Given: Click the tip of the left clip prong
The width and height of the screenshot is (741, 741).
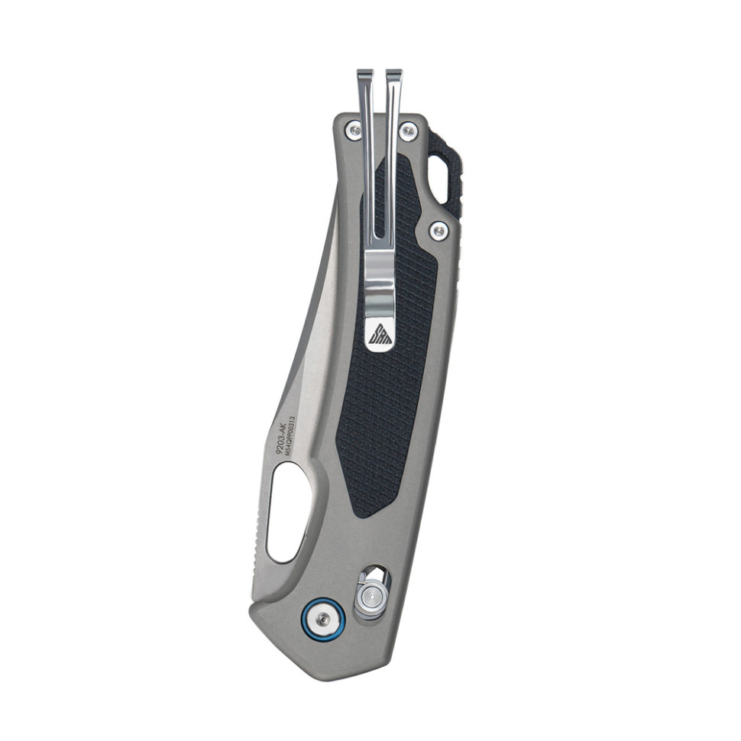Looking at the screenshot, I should [x=365, y=74].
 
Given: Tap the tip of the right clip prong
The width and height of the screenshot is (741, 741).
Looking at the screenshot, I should [x=393, y=74].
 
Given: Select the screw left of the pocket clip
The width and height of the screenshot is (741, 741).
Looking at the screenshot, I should [x=353, y=131].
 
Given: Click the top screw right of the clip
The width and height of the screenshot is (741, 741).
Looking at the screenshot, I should [x=409, y=132].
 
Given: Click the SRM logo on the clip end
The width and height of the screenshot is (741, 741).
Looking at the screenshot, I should [x=380, y=335].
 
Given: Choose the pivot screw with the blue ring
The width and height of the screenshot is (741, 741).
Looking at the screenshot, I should [x=324, y=618].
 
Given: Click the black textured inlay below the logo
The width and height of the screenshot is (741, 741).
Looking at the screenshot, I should [x=382, y=428].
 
